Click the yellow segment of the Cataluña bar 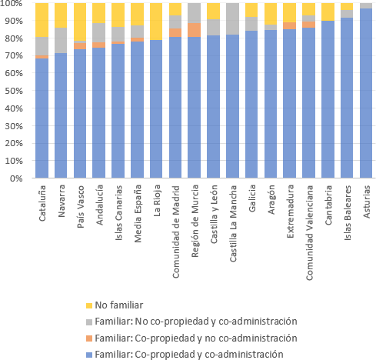[42, 20]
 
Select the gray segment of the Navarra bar [61, 41]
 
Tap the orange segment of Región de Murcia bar [195, 30]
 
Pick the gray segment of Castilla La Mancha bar [232, 19]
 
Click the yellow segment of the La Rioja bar [156, 22]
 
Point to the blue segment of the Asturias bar [366, 93]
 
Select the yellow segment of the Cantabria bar [328, 12]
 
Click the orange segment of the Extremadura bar [290, 26]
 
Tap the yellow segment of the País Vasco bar [80, 22]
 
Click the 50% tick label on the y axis [14, 91]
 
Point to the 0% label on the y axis [16, 178]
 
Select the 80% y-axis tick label [14, 38]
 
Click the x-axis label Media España [138, 214]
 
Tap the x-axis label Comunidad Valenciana [309, 232]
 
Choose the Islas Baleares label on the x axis [348, 212]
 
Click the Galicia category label [252, 198]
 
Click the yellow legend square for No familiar [89, 305]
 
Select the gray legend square [89, 322]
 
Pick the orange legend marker [89, 338]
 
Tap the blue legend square [89, 355]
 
